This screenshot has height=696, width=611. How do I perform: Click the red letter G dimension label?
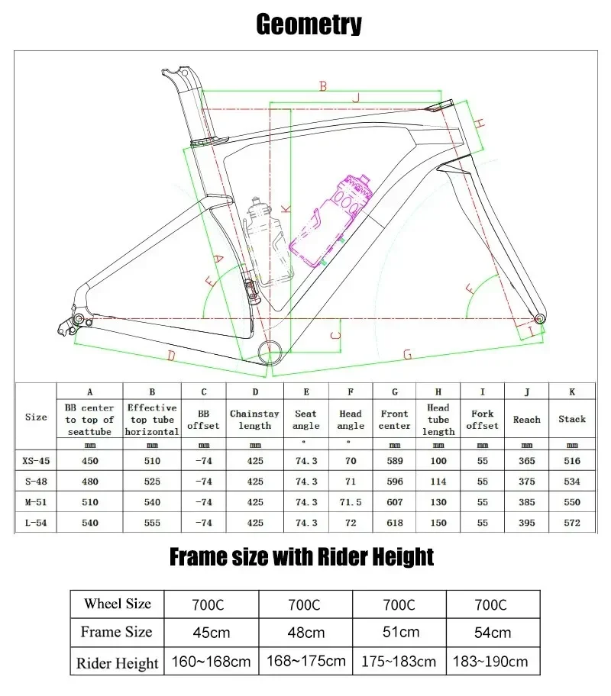pyautogui.click(x=408, y=355)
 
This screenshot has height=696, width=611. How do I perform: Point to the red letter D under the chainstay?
pyautogui.click(x=171, y=356)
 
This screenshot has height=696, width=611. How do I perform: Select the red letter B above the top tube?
pyautogui.click(x=323, y=87)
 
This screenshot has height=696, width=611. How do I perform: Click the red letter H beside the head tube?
pyautogui.click(x=480, y=123)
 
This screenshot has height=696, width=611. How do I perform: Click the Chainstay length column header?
pyautogui.click(x=255, y=419)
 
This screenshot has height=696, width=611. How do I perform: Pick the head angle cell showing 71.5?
pyautogui.click(x=350, y=502)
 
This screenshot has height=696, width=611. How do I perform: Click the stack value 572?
pyautogui.click(x=571, y=523)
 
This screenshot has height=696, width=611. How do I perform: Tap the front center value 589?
pyautogui.click(x=394, y=461)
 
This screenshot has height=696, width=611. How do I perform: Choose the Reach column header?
pyautogui.click(x=526, y=419)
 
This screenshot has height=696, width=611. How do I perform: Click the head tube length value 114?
pyautogui.click(x=438, y=482)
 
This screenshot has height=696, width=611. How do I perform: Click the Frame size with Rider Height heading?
pyautogui.click(x=301, y=556)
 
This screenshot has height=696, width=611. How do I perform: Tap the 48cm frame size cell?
pyautogui.click(x=304, y=632)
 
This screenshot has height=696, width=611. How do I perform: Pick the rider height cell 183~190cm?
pyautogui.click(x=493, y=661)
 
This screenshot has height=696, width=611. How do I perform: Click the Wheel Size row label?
pyautogui.click(x=118, y=604)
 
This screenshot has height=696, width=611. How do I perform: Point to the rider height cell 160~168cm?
pyautogui.click(x=213, y=661)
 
